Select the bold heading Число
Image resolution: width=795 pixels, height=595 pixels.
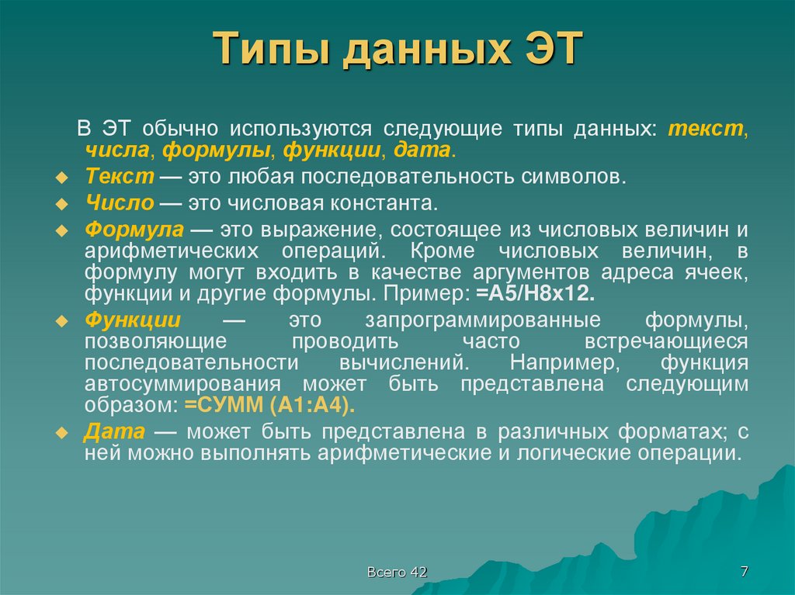(x=118, y=203)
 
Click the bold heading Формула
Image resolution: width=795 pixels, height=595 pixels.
(x=134, y=230)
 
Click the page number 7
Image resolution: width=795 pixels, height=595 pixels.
(x=745, y=572)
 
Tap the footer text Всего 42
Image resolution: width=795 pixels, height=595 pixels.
(x=397, y=573)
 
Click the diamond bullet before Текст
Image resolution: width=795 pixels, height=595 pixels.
(x=64, y=178)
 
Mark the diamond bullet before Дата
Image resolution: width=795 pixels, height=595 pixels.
(x=64, y=433)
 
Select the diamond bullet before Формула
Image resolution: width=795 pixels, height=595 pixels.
(x=64, y=232)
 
